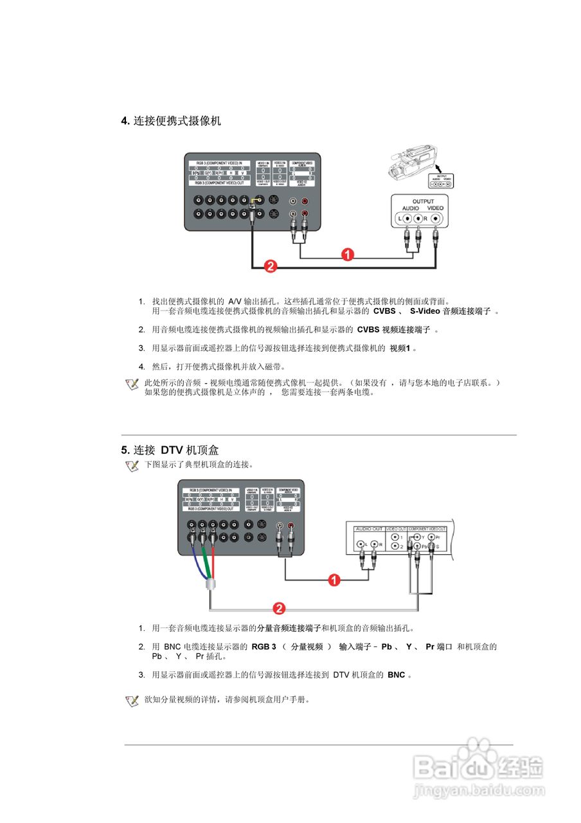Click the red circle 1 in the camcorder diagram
(x=347, y=255)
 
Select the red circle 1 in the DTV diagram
(x=334, y=581)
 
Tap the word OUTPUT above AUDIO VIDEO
(x=423, y=201)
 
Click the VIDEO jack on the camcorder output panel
(x=437, y=219)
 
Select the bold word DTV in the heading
(x=172, y=450)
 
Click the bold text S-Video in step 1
(x=425, y=311)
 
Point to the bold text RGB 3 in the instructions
(x=264, y=647)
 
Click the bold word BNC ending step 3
(x=397, y=675)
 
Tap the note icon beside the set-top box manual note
(x=132, y=701)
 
